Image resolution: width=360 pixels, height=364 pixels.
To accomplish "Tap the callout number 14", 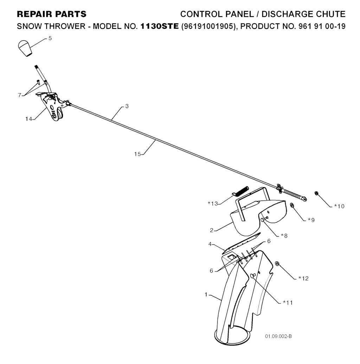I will click(x=28, y=119).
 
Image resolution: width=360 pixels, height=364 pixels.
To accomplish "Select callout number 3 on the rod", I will click(x=127, y=106).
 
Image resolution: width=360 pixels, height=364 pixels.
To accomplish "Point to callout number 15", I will click(x=137, y=154).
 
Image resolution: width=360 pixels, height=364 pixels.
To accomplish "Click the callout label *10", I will click(x=339, y=206).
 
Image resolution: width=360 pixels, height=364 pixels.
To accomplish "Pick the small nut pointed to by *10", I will click(x=316, y=193).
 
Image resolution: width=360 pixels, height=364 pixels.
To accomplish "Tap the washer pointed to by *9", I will click(x=292, y=205).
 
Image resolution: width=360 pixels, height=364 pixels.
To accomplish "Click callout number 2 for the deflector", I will click(x=212, y=230).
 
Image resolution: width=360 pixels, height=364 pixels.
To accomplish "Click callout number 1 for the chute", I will click(x=206, y=295).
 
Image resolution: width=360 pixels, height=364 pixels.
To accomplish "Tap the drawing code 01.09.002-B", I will click(x=278, y=337).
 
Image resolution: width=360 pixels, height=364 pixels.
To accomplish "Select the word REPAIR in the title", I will click(x=32, y=14).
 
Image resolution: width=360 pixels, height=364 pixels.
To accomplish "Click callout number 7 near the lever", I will click(x=19, y=95).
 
